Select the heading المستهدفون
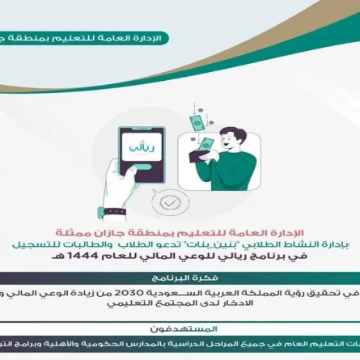coord(180,329)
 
